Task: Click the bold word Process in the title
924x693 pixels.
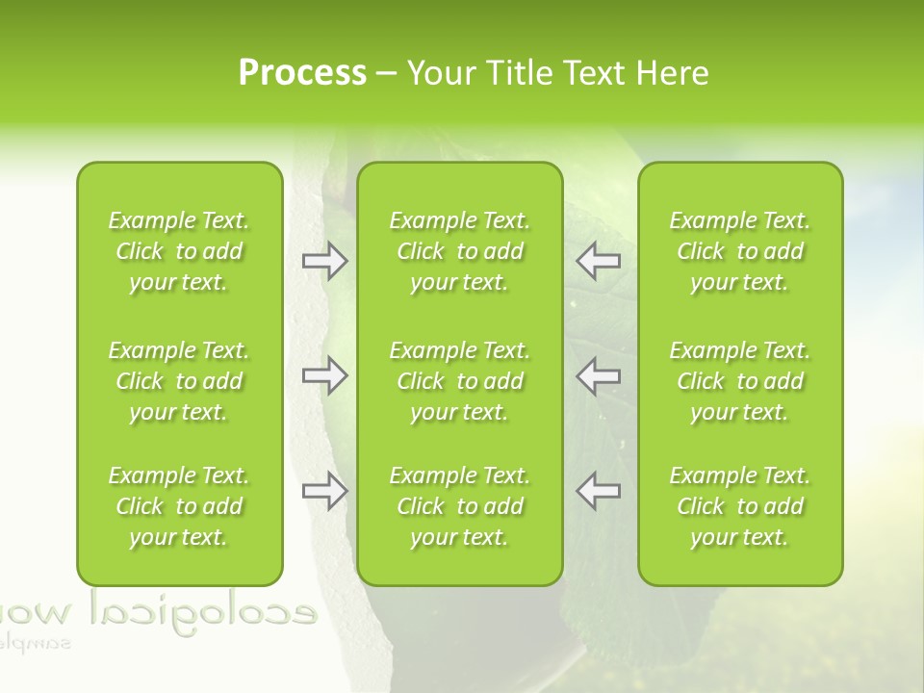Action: (302, 73)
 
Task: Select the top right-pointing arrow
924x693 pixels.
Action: (324, 261)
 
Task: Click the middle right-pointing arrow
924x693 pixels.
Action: (324, 375)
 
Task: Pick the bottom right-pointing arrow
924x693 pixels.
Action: (324, 491)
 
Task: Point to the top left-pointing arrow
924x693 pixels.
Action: (598, 261)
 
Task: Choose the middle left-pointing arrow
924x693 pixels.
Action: (598, 375)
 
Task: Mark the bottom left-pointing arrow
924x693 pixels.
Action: (598, 491)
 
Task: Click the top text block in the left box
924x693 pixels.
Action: (179, 251)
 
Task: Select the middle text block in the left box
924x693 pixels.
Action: (179, 381)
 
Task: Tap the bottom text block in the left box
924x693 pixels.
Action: (179, 506)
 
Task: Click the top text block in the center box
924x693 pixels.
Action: (460, 251)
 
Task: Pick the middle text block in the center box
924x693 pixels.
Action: (460, 381)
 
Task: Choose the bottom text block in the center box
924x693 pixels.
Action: (460, 506)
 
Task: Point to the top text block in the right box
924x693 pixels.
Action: (740, 251)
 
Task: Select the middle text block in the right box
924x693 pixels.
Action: (740, 381)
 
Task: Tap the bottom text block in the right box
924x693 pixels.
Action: (740, 506)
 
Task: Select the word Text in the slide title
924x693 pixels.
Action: (594, 73)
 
